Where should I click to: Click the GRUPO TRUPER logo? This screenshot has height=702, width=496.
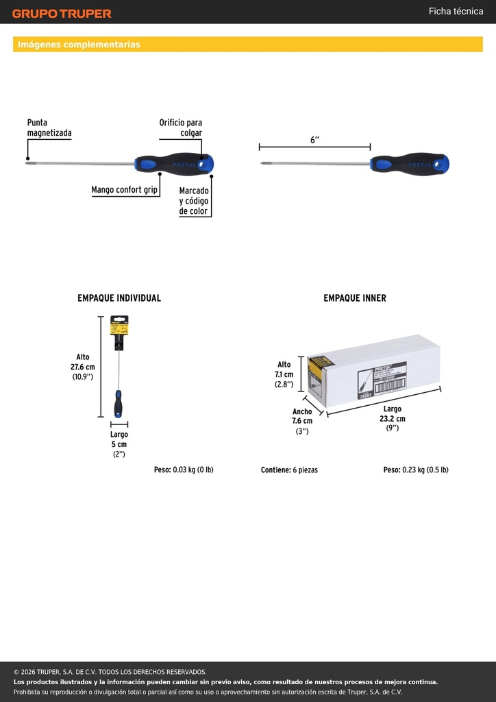pyautogui.click(x=62, y=14)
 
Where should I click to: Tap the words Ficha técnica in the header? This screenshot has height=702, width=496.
pyautogui.click(x=456, y=11)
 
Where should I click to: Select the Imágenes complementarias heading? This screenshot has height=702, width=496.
pyautogui.click(x=79, y=45)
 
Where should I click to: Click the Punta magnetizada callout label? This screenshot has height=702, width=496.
pyautogui.click(x=49, y=128)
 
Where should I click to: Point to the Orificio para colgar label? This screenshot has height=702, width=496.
pyautogui.click(x=181, y=128)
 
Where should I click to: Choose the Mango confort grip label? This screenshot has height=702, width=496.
pyautogui.click(x=124, y=190)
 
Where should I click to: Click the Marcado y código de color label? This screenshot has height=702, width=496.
pyautogui.click(x=194, y=201)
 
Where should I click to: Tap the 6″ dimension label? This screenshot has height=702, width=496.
pyautogui.click(x=315, y=140)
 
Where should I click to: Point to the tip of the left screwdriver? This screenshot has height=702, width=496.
pyautogui.click(x=27, y=163)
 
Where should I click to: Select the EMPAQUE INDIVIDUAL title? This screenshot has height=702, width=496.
pyautogui.click(x=119, y=298)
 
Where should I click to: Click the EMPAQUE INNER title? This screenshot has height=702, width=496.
pyautogui.click(x=355, y=298)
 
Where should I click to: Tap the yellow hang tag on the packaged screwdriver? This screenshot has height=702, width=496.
pyautogui.click(x=119, y=326)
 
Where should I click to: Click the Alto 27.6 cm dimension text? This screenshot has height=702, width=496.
pyautogui.click(x=83, y=367)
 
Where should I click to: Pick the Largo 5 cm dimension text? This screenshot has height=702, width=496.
pyautogui.click(x=119, y=444)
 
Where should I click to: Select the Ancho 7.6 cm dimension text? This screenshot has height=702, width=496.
pyautogui.click(x=302, y=422)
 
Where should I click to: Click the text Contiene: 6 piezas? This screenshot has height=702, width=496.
pyautogui.click(x=289, y=470)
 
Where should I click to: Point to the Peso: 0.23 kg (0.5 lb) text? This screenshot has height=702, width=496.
pyautogui.click(x=416, y=470)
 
